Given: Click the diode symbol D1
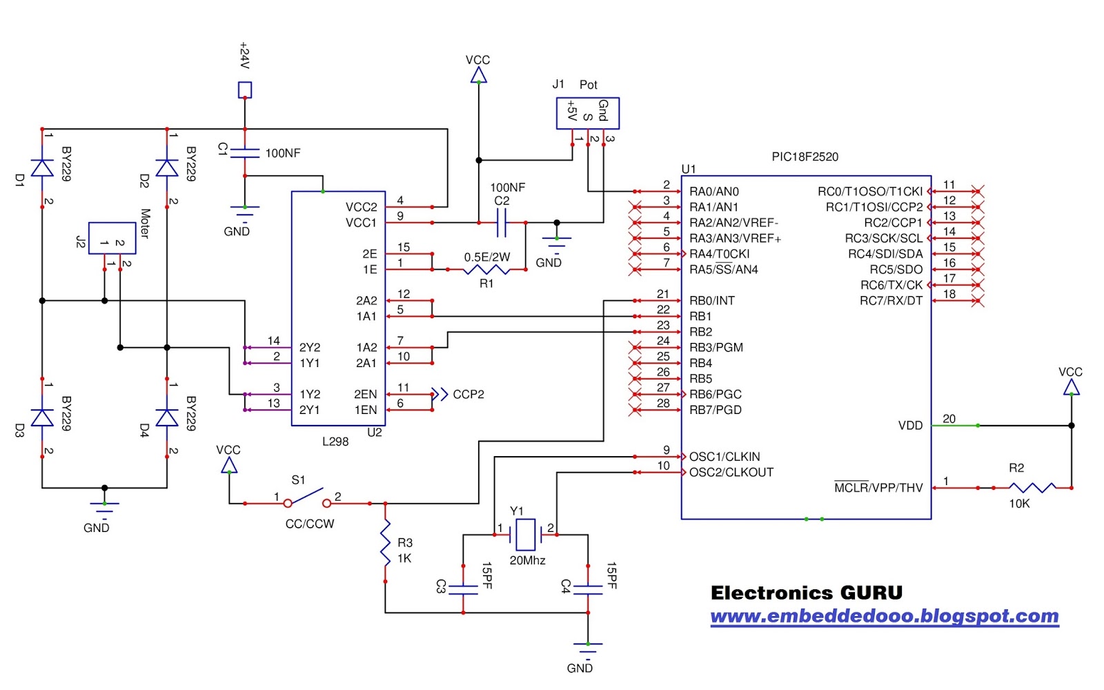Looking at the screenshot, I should pyautogui.click(x=42, y=168).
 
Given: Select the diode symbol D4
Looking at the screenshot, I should pyautogui.click(x=167, y=417).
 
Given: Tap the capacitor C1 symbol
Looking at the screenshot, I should pyautogui.click(x=244, y=152).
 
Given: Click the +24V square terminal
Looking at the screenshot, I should pyautogui.click(x=244, y=90).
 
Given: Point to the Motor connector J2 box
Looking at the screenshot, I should pyautogui.click(x=112, y=238).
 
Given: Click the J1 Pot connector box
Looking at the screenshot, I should pyautogui.click(x=587, y=113).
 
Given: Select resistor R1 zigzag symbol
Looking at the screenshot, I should pyautogui.click(x=486, y=269).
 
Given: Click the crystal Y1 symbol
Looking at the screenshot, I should pyautogui.click(x=525, y=533).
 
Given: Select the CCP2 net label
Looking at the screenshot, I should pyautogui.click(x=469, y=395).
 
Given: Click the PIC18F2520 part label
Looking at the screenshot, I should pyautogui.click(x=805, y=157).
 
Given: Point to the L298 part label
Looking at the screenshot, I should pyautogui.click(x=335, y=442).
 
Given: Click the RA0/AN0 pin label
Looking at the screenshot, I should pyautogui.click(x=713, y=192).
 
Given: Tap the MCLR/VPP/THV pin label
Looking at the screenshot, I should pyautogui.click(x=878, y=488).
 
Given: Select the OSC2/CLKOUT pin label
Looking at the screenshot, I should pyautogui.click(x=731, y=473).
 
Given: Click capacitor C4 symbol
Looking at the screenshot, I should pyautogui.click(x=588, y=589).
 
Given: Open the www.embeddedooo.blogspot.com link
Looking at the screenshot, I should pyautogui.click(x=884, y=616).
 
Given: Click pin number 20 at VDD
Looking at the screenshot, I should pyautogui.click(x=949, y=419).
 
